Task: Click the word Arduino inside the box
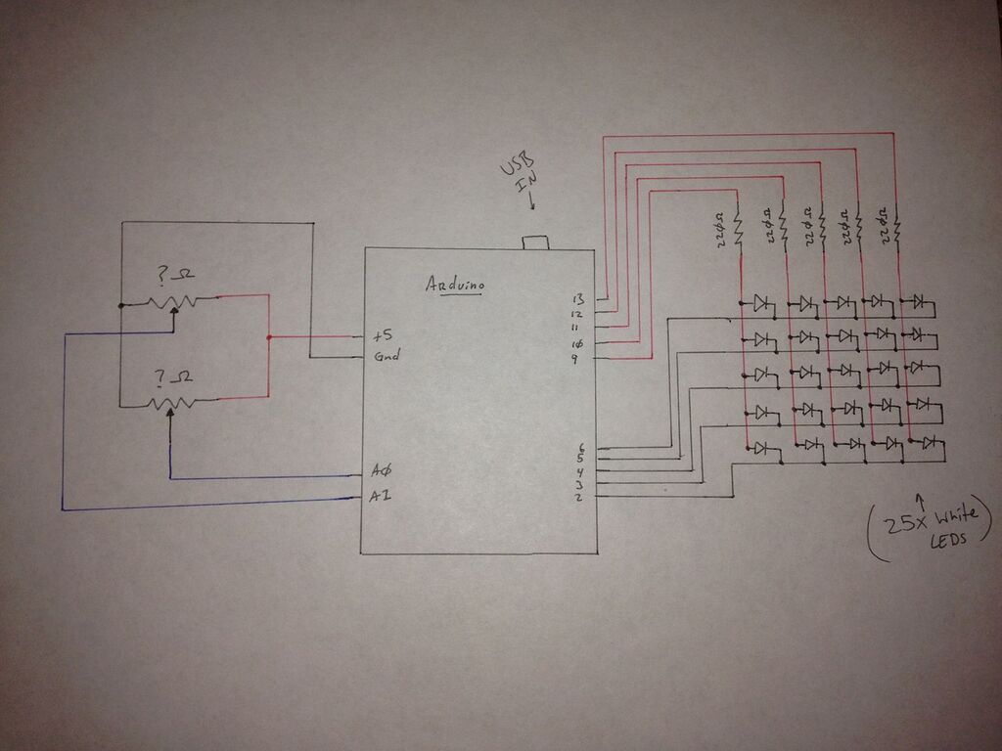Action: pyautogui.click(x=456, y=286)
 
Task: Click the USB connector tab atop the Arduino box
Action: pyautogui.click(x=535, y=242)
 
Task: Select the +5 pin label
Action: pyautogui.click(x=382, y=335)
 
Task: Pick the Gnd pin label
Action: pyautogui.click(x=385, y=356)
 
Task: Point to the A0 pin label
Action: pyautogui.click(x=382, y=471)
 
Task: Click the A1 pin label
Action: pyautogui.click(x=381, y=496)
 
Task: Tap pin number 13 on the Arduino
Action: pyautogui.click(x=577, y=298)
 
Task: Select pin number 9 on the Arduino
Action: pyautogui.click(x=577, y=360)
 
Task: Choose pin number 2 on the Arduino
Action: pyautogui.click(x=579, y=498)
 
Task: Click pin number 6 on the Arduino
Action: pyautogui.click(x=580, y=447)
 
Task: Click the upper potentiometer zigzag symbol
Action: pyautogui.click(x=173, y=301)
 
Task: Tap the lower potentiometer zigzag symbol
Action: pyautogui.click(x=173, y=402)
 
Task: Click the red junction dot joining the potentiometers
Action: pyautogui.click(x=268, y=338)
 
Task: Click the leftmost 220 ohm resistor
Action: pyautogui.click(x=740, y=231)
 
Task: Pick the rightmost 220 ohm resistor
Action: pyautogui.click(x=895, y=227)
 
